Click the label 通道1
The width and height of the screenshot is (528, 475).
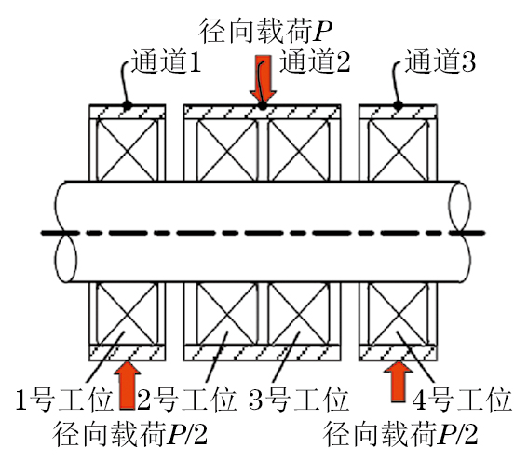point(166,61)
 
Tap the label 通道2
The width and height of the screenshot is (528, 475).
point(315,61)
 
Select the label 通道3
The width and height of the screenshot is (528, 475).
point(440,61)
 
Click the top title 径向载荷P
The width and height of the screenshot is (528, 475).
point(266,31)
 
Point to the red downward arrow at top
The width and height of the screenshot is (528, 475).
point(263,78)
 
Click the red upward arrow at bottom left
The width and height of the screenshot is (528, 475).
point(128,385)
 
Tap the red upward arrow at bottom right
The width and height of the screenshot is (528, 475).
point(399,381)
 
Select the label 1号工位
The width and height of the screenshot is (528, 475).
point(64,400)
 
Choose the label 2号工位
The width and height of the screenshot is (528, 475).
point(187,400)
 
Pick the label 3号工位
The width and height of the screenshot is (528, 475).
point(298,400)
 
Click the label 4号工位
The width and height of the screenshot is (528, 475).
point(462,400)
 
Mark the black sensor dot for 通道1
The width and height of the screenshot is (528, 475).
point(127,105)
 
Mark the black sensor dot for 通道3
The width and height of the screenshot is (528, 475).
point(399,105)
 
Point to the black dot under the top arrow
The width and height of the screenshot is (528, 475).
point(263,106)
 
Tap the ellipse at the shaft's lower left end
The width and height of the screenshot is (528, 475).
point(55,259)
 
